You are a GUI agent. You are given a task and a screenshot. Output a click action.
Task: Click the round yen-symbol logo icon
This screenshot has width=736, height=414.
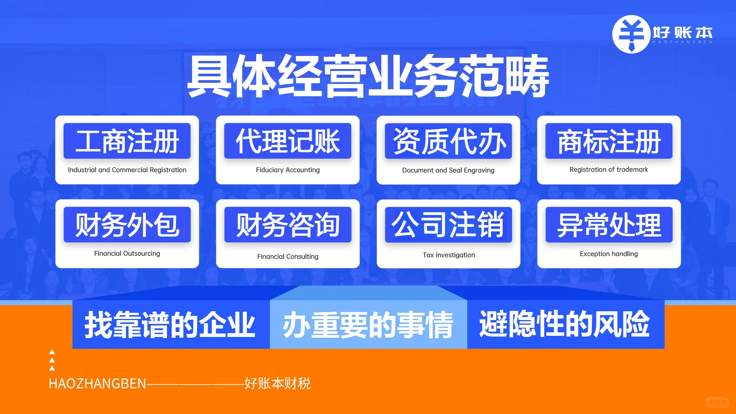click(631, 34)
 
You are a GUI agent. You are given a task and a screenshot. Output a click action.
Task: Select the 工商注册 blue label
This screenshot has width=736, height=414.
click(127, 141)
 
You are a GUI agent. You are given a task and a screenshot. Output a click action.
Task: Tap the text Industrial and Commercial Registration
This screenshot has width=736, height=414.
click(127, 170)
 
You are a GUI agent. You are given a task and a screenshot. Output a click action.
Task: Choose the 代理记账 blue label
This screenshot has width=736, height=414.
click(287, 141)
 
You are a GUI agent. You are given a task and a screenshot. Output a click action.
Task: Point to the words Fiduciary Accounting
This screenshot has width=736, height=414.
click(287, 170)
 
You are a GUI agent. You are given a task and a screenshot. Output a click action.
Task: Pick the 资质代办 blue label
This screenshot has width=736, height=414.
click(448, 141)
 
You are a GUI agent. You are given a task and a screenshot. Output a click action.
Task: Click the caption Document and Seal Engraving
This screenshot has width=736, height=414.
click(448, 170)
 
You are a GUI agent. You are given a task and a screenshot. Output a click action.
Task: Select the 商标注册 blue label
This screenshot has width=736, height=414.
click(609, 141)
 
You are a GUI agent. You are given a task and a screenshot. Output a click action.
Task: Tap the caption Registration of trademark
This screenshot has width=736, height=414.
click(609, 169)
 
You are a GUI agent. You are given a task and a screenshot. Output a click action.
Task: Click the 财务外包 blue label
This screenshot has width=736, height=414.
click(127, 225)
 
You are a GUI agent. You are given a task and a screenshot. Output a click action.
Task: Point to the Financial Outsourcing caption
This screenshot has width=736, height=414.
click(127, 253)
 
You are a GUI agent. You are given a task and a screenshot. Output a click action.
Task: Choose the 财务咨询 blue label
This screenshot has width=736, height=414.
click(287, 225)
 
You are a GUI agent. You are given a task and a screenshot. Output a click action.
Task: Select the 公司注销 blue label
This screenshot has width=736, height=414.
click(448, 225)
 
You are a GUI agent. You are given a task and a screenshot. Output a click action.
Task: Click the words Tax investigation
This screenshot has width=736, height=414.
click(449, 255)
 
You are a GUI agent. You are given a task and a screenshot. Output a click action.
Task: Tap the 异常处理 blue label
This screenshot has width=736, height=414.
click(609, 225)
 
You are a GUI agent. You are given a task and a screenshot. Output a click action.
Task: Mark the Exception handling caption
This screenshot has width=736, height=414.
click(609, 254)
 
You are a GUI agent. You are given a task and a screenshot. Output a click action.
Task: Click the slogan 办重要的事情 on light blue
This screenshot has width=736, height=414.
click(368, 325)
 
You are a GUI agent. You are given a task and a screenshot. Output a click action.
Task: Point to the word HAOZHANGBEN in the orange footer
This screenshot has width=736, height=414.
click(97, 384)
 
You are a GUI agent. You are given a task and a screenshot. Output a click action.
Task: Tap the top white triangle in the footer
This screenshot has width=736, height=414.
click(52, 352)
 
